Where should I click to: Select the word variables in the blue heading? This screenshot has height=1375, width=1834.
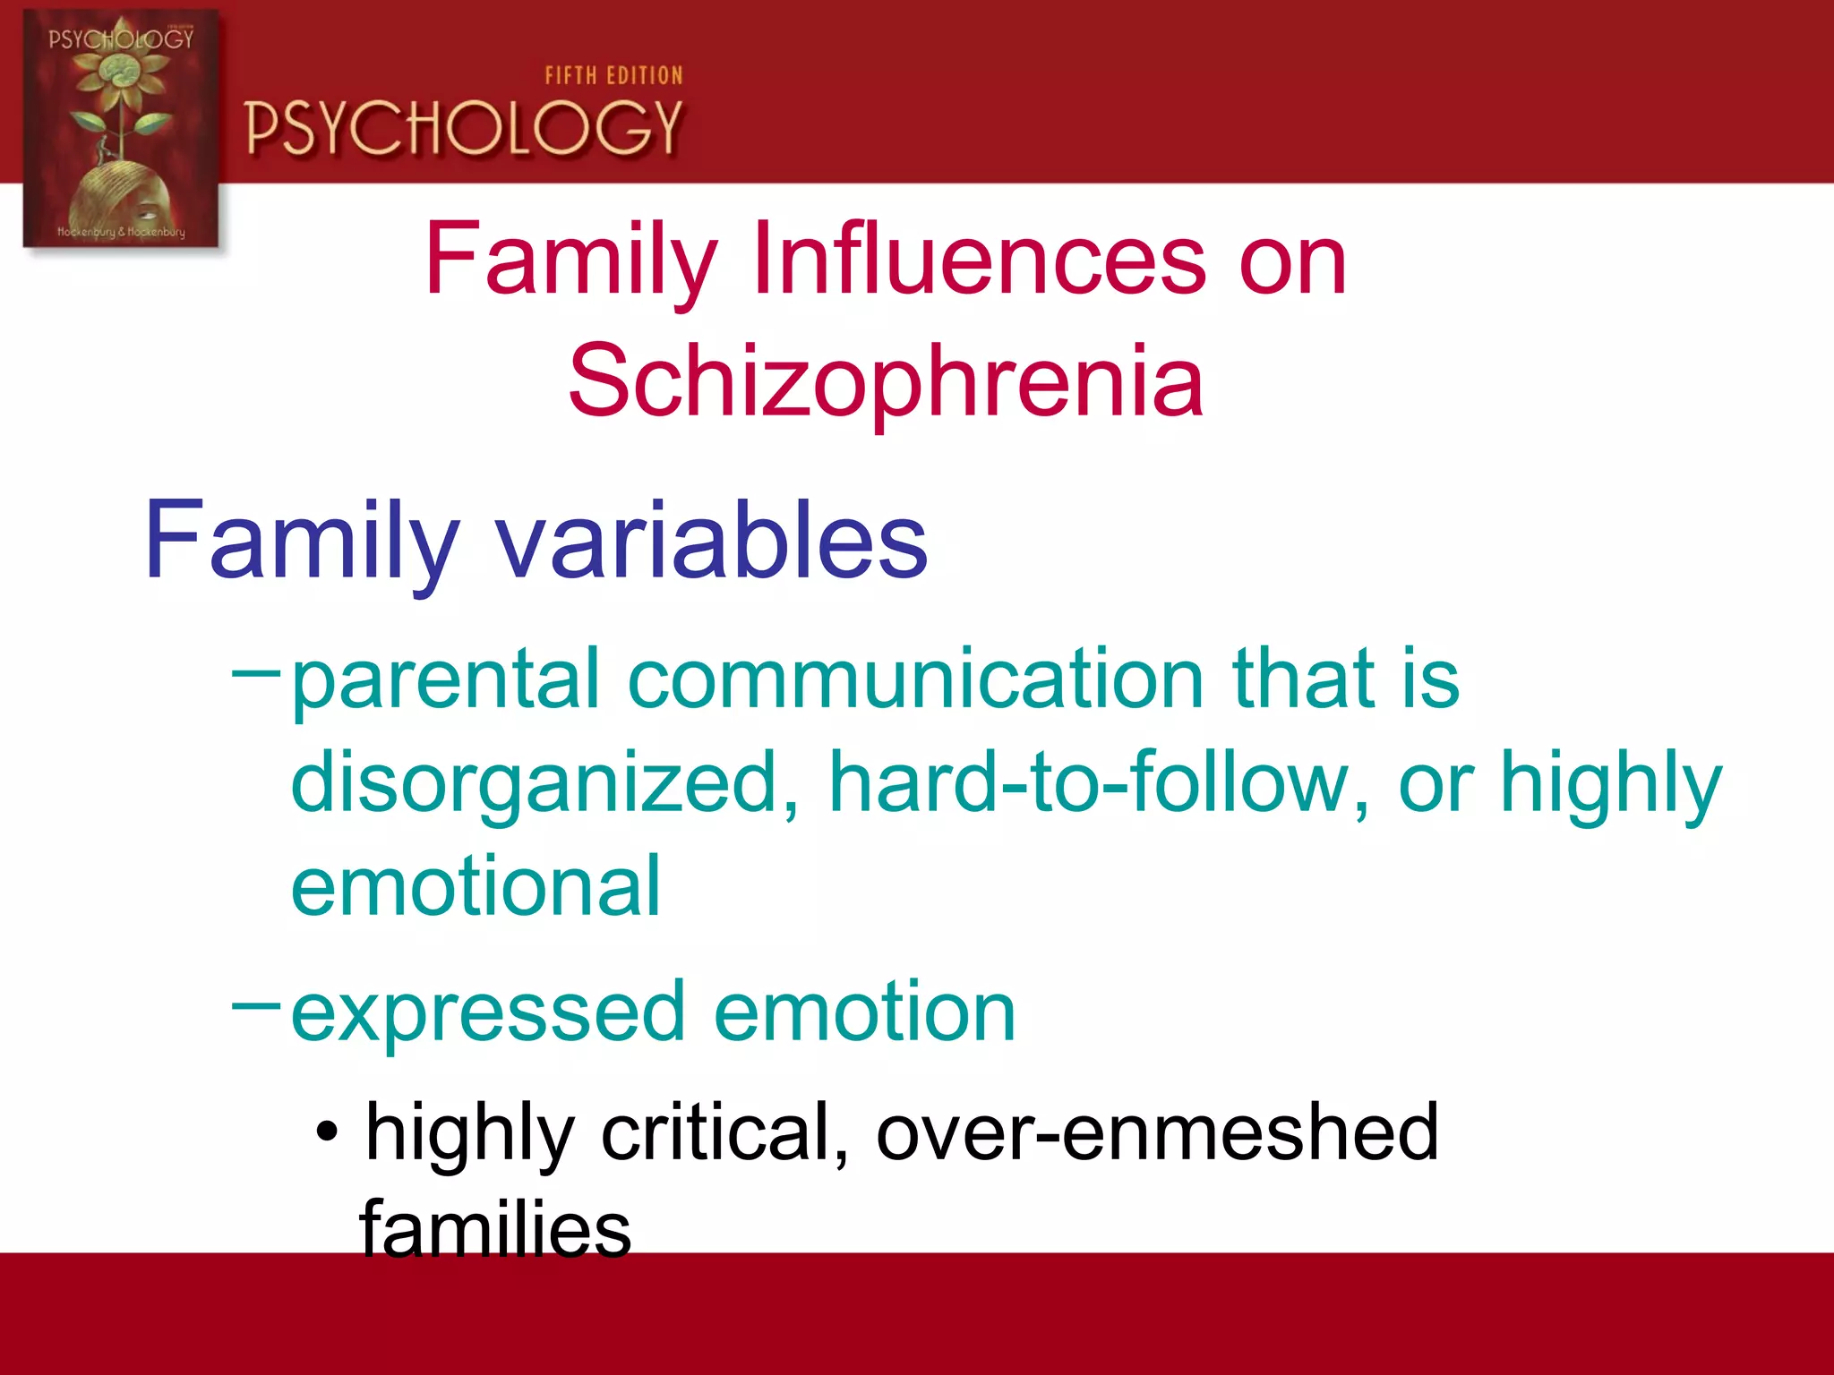click(711, 541)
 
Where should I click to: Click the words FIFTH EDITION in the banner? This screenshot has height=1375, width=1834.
click(614, 76)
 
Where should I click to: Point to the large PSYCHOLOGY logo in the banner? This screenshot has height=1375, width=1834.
click(464, 128)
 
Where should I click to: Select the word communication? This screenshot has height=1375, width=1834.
click(915, 680)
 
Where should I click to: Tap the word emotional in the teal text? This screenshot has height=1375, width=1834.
click(476, 888)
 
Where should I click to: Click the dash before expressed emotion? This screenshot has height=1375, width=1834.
click(256, 1006)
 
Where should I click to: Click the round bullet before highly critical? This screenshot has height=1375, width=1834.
click(328, 1133)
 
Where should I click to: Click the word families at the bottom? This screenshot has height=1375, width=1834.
click(495, 1230)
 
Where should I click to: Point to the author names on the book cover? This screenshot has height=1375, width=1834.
click(122, 232)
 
